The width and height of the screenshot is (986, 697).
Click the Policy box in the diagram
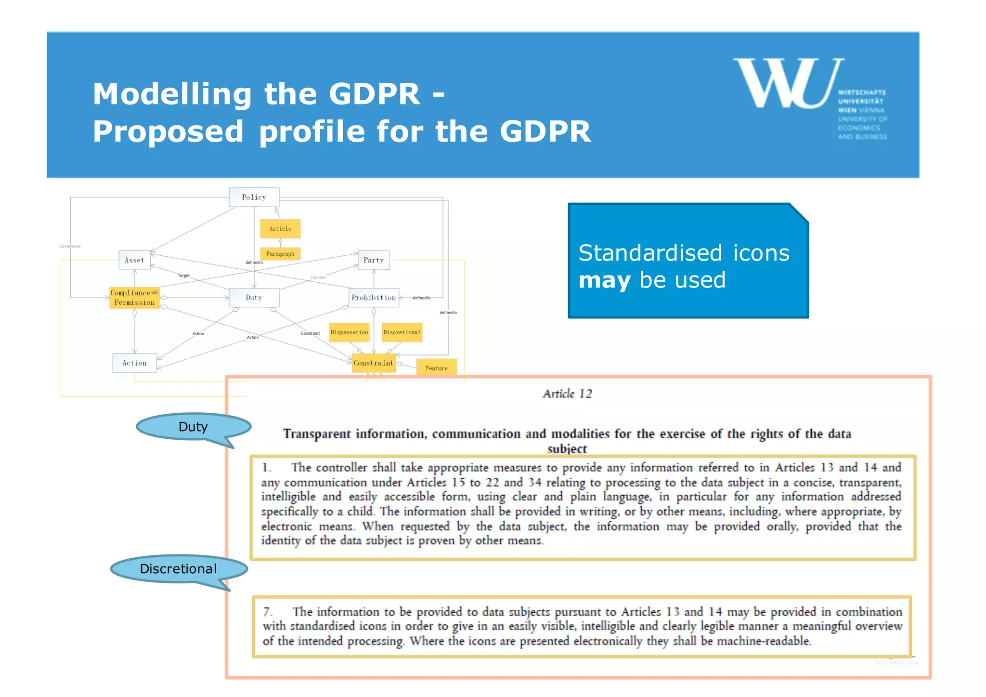254,197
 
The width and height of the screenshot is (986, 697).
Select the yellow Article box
280,229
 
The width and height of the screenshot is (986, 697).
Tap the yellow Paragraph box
280,254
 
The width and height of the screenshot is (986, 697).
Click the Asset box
134,260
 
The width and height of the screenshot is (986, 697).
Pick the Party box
374,260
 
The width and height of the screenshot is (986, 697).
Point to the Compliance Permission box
134,298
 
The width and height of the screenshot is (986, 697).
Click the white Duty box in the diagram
254,298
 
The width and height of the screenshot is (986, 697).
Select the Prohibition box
374,298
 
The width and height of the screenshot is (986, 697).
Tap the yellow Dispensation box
349,332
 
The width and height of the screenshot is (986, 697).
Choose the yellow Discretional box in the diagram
402,332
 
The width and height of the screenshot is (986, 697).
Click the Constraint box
374,363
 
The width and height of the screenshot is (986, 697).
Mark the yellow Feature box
436,368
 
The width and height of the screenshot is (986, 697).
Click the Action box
134,363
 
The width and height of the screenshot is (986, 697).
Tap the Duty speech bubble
193,427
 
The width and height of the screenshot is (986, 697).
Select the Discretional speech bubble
178,569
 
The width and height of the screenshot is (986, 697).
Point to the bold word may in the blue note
604,280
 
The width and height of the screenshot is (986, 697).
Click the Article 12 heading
567,394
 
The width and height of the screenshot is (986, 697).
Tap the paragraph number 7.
268,612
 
